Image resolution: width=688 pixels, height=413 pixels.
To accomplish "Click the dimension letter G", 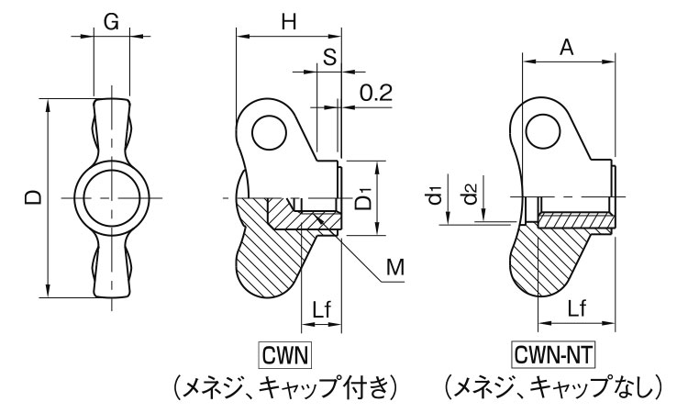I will [x=111, y=24].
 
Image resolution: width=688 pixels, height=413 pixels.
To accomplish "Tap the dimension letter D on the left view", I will [x=33, y=197].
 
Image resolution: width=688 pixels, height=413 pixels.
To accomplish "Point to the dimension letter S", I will [x=329, y=56].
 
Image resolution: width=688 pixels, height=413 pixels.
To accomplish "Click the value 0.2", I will [x=375, y=93].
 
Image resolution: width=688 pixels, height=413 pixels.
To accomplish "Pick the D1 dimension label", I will [x=364, y=197].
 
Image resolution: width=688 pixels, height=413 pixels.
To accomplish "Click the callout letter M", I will [x=394, y=267].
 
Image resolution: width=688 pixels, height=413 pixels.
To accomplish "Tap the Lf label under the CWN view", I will [x=321, y=311].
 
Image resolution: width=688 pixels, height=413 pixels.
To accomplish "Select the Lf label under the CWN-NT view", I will [x=577, y=310].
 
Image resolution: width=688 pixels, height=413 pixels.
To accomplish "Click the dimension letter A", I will [x=567, y=50].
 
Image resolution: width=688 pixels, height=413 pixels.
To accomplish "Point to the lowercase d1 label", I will [x=437, y=195].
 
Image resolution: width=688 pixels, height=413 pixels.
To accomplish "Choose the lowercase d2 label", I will [x=469, y=195].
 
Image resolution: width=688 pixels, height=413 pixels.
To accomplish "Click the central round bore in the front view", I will [x=111, y=197].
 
